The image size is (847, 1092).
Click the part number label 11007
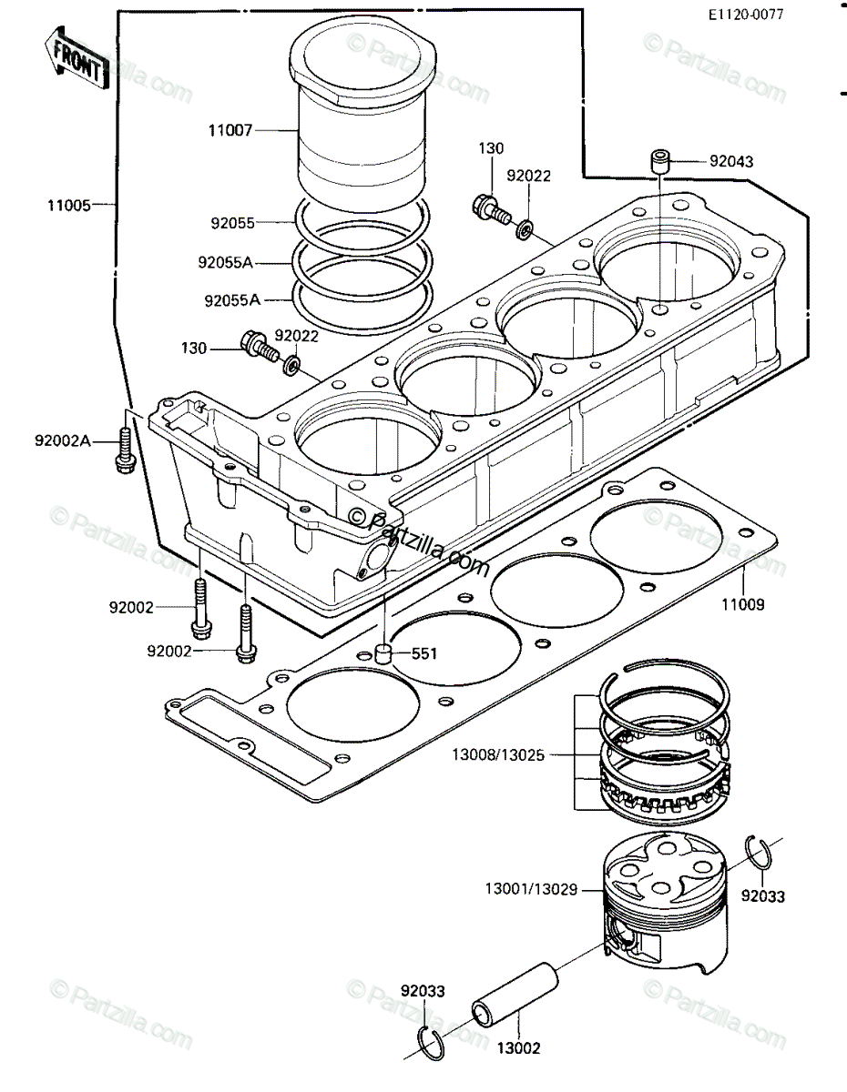230,131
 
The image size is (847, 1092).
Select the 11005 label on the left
69,205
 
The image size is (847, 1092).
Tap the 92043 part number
731,161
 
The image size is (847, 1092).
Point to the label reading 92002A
62,440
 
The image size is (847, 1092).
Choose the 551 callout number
424,653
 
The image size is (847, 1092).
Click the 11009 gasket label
743,604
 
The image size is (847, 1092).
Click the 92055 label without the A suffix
233,223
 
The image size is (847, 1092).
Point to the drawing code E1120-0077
746,15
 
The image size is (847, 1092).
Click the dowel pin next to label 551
384,653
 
